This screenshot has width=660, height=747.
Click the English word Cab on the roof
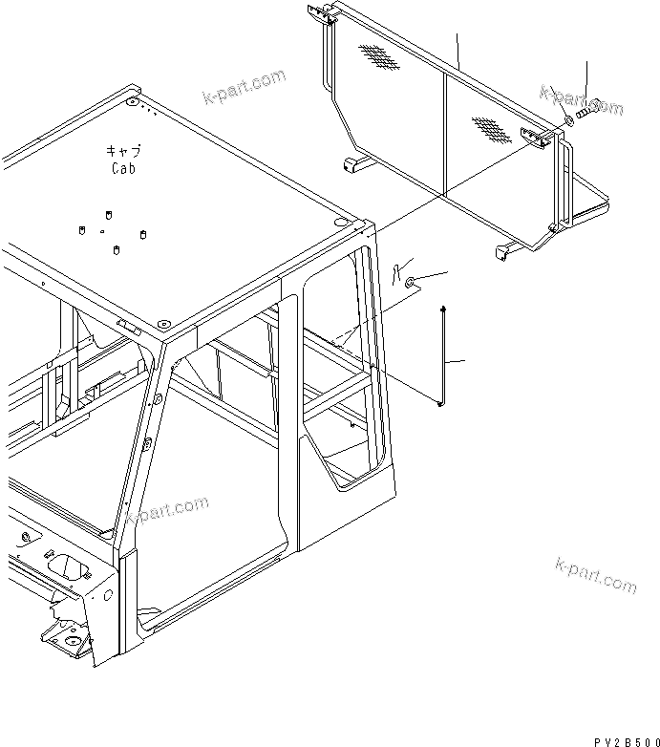point(121,168)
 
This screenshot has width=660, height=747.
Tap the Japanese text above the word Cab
point(122,152)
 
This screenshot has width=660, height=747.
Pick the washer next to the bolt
point(568,120)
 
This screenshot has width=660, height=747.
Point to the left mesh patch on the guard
point(380,58)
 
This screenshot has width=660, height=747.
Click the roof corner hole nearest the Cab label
point(132,101)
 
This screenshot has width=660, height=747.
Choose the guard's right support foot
point(503,252)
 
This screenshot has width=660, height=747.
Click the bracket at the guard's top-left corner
point(321,14)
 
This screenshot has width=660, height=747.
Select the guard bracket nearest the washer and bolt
point(535,138)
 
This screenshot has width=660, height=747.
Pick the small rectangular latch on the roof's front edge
point(127,326)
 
